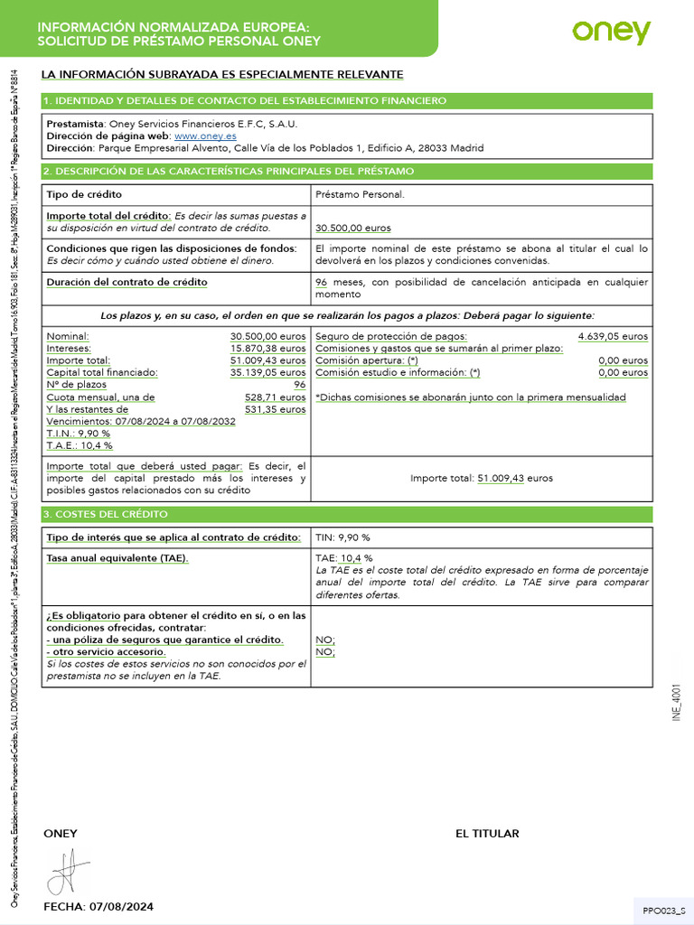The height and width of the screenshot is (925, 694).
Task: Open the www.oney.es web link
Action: click(205, 135)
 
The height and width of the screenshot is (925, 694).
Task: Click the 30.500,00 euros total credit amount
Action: click(353, 229)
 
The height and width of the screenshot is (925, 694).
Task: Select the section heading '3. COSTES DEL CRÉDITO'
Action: click(107, 514)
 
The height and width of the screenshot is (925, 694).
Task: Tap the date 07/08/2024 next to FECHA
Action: click(120, 906)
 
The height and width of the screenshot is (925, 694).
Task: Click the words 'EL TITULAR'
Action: click(487, 833)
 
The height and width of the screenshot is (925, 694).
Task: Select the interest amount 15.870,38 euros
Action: click(267, 348)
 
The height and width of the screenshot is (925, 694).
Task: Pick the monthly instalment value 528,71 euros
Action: click(276, 397)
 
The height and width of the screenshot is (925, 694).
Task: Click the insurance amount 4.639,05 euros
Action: click(613, 336)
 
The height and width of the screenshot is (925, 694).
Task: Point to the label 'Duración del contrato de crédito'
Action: click(127, 282)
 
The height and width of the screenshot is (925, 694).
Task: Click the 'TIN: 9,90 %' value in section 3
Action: click(342, 537)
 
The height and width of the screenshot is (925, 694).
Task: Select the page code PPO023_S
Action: click(664, 911)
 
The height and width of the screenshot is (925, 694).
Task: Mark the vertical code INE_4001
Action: click(676, 700)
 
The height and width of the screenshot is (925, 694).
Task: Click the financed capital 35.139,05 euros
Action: click(267, 372)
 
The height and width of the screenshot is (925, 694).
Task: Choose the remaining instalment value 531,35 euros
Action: click(276, 409)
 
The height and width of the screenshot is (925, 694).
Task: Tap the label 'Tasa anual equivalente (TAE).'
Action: click(117, 558)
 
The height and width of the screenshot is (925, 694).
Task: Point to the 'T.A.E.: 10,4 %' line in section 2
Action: click(80, 445)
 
